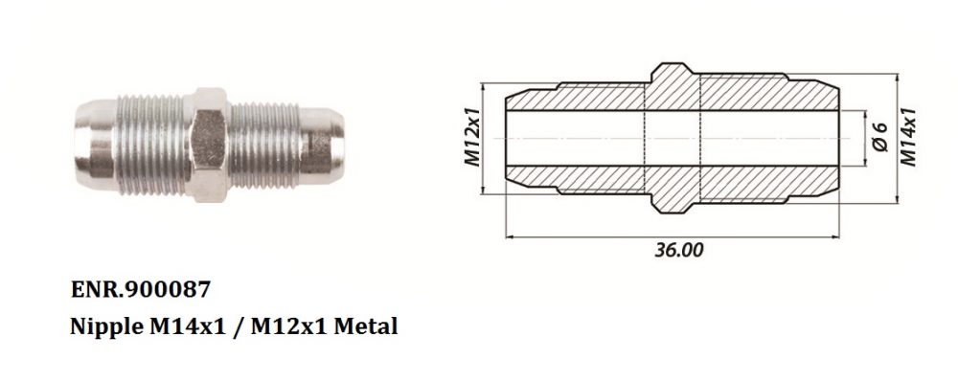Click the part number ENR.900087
(141, 289)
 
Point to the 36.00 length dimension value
(679, 250)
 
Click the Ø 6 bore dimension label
(879, 137)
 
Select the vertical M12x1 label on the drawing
(473, 137)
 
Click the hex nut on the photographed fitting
(209, 145)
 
